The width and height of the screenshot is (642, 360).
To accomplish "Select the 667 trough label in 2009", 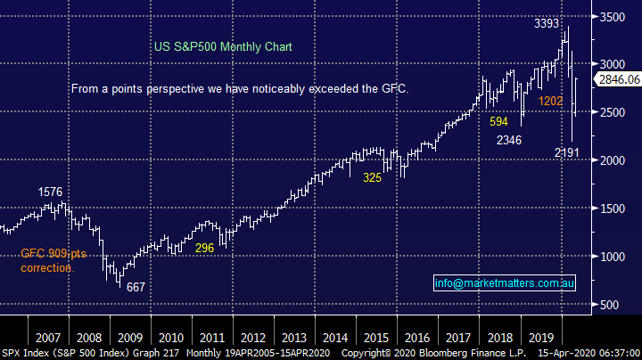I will coord(135,288).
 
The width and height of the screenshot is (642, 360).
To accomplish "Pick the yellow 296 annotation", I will coord(204,248).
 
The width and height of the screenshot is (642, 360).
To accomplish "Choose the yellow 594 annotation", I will coord(498,121).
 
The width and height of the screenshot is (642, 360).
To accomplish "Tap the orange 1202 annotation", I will coord(549,101).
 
